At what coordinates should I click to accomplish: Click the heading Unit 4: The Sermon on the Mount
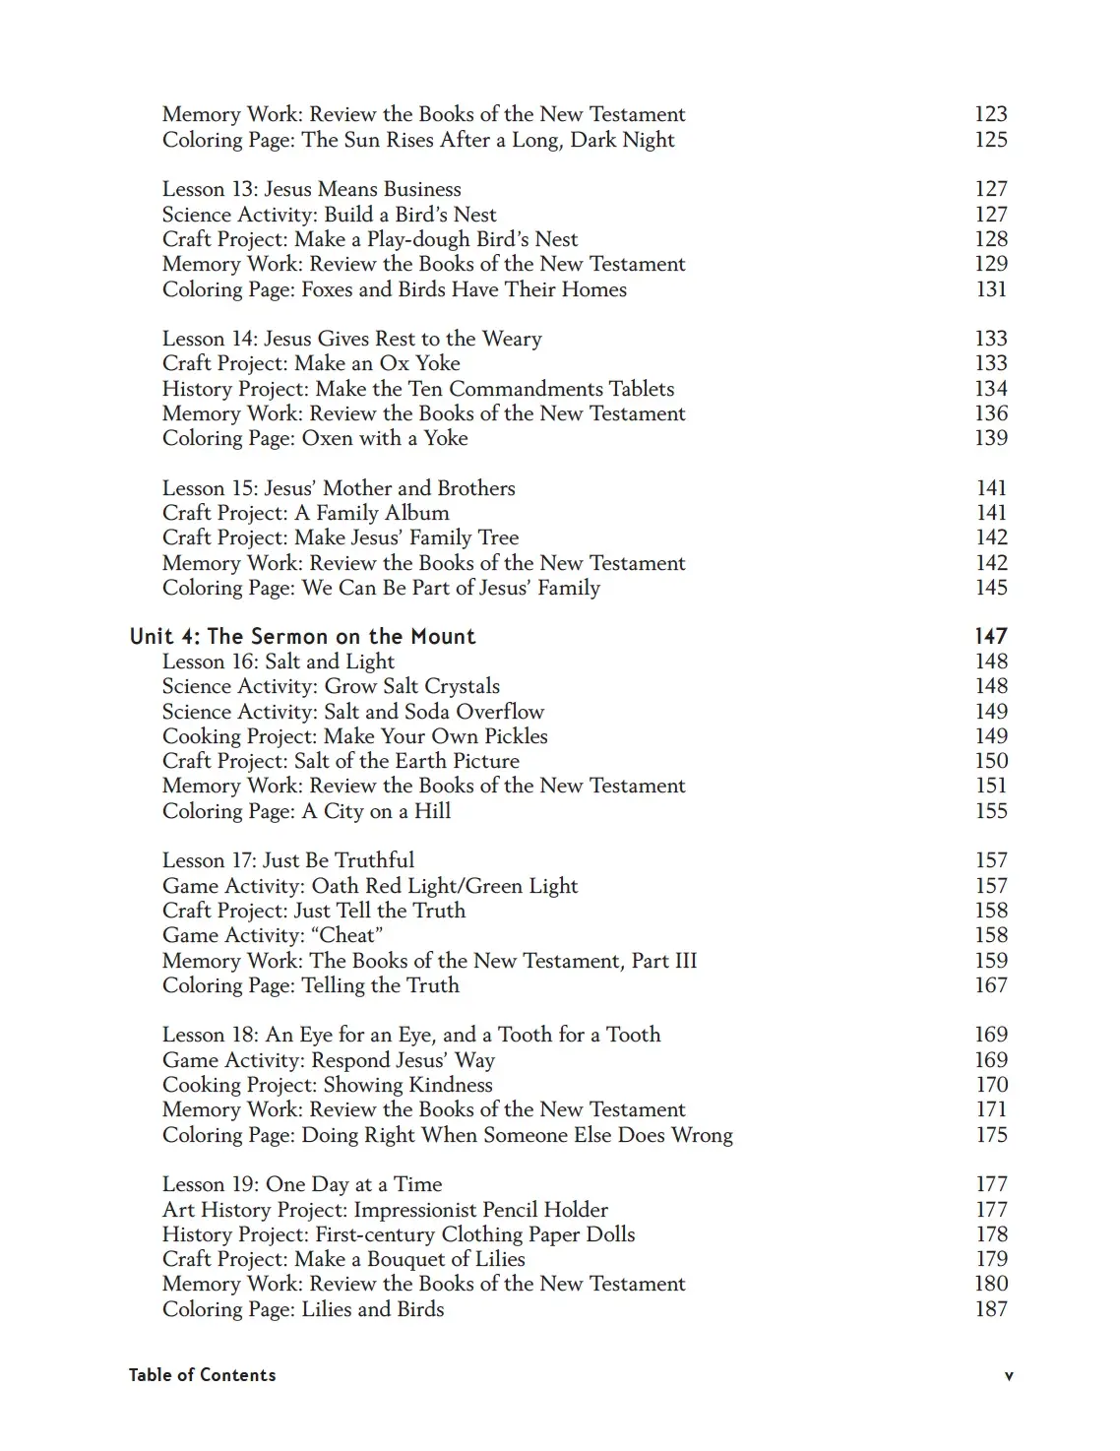[302, 637]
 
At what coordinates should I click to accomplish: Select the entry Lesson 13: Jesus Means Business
[311, 189]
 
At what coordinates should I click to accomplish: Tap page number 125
[990, 140]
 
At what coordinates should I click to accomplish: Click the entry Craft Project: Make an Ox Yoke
[311, 363]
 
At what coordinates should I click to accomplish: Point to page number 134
[990, 389]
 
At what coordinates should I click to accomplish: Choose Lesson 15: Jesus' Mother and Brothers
[339, 488]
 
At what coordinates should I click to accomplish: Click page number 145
[990, 588]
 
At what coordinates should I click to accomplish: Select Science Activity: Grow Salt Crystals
[331, 686]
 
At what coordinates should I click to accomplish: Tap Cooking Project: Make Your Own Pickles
[354, 736]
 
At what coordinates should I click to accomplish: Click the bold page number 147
[990, 637]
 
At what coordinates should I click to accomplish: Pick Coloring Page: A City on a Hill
[306, 811]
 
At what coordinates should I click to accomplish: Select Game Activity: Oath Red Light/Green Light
[370, 886]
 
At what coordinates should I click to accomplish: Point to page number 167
[990, 985]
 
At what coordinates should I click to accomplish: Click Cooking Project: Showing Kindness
[327, 1085]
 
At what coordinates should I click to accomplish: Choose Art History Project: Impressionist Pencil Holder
[385, 1210]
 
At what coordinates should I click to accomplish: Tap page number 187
[990, 1309]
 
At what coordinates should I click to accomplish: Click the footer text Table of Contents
[202, 1375]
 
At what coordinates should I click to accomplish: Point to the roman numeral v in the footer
[1008, 1376]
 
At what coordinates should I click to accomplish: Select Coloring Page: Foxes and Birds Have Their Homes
[394, 289]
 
